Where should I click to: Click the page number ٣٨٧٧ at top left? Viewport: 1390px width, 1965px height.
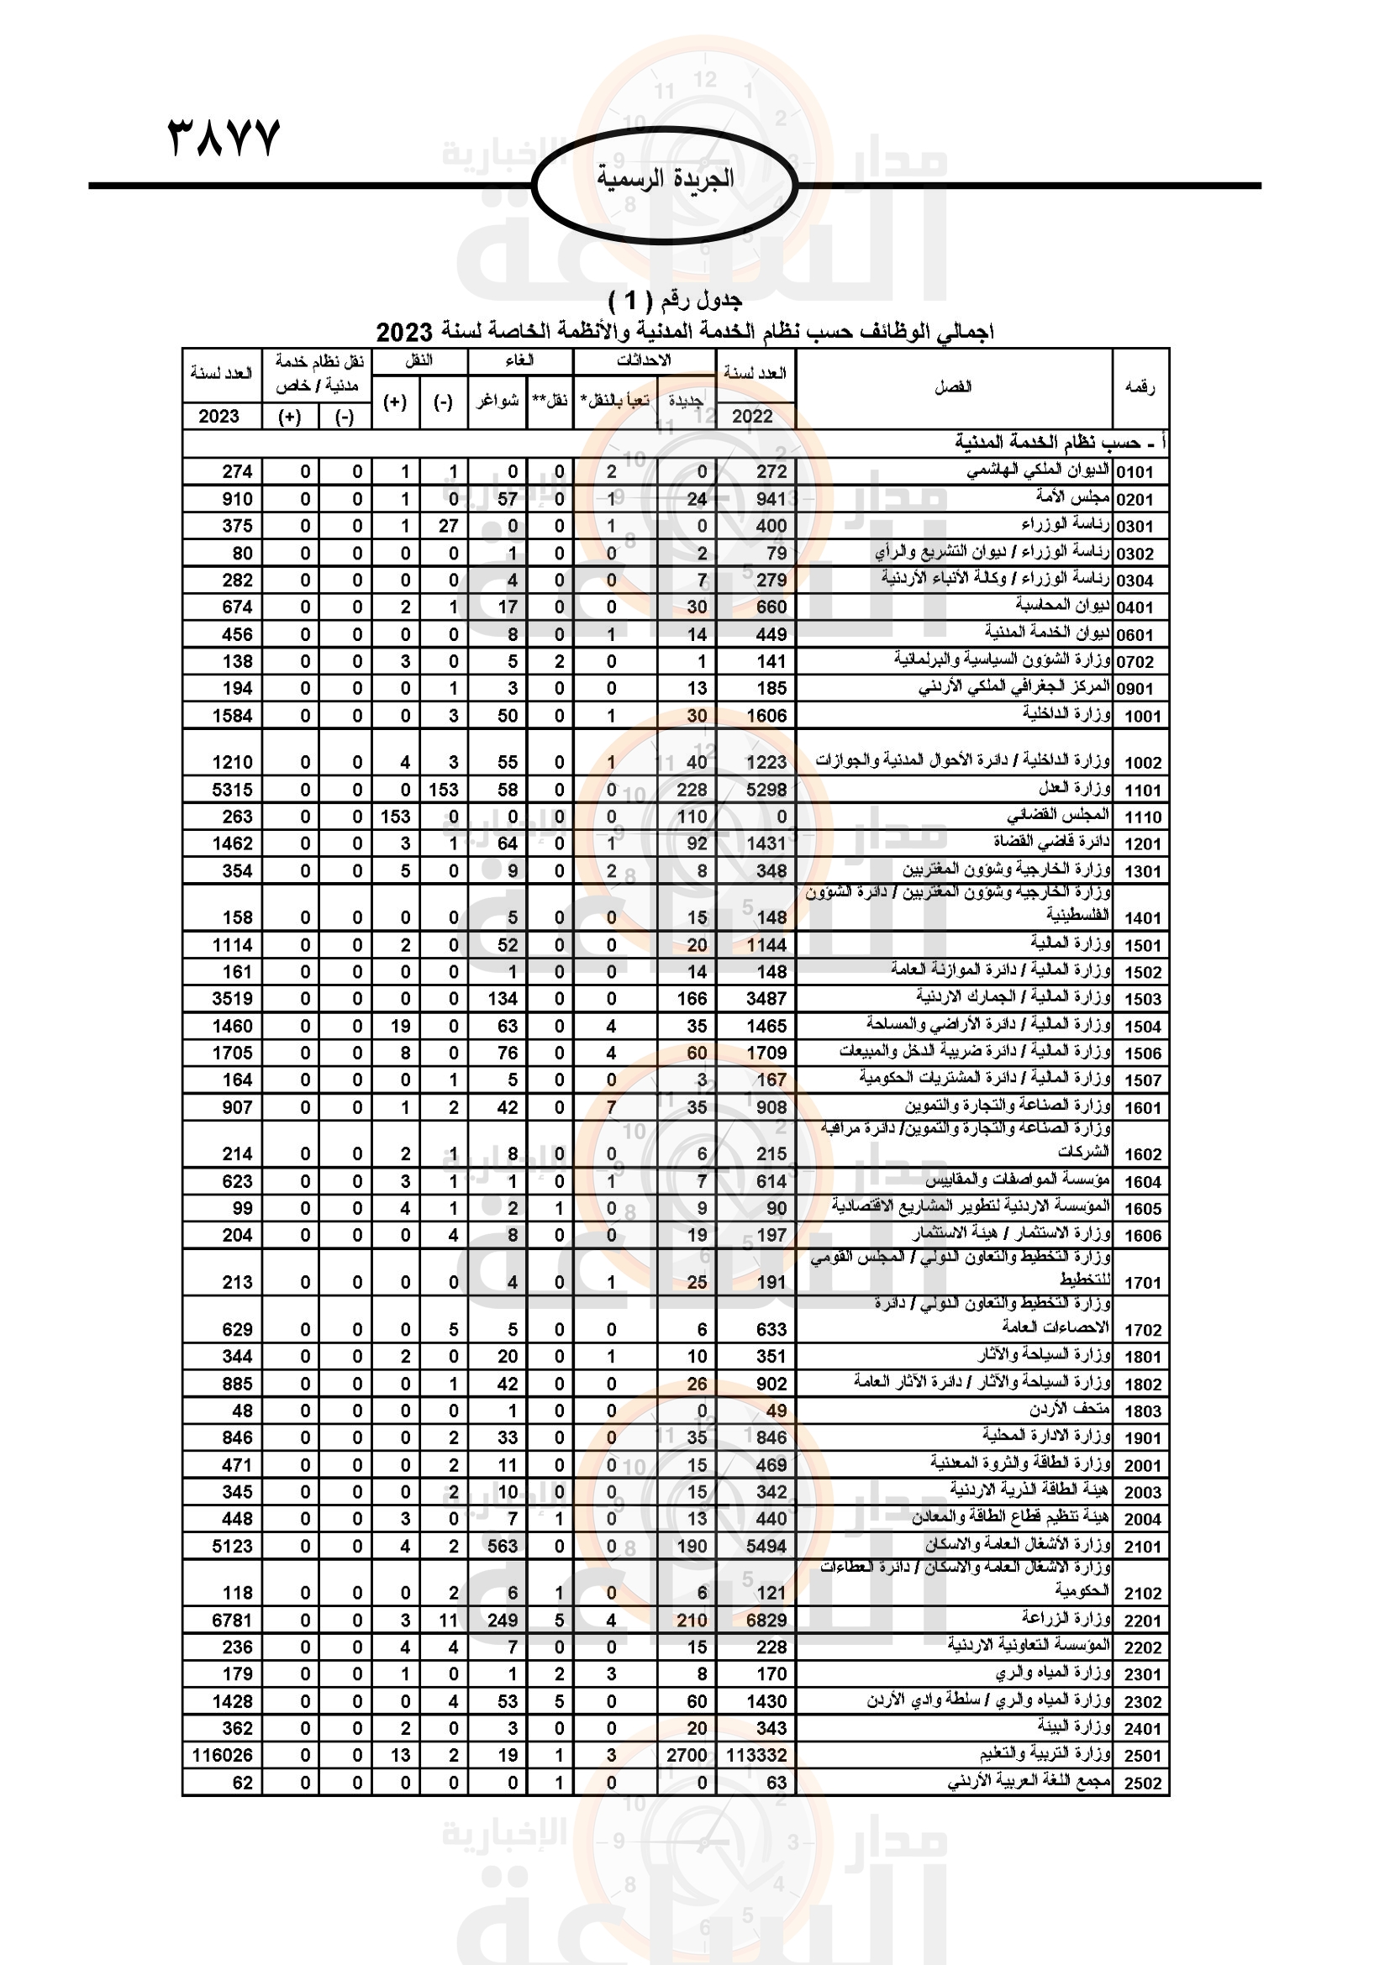(x=224, y=138)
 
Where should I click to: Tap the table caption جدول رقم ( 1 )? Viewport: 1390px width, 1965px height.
(x=675, y=300)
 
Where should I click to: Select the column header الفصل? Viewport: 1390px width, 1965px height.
(x=953, y=386)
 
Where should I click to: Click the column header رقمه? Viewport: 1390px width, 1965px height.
(x=1140, y=386)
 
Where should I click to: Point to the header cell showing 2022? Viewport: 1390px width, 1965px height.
(x=752, y=416)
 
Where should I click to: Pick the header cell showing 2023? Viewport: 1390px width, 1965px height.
(x=219, y=416)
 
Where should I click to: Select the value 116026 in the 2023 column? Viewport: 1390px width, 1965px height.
(x=223, y=1755)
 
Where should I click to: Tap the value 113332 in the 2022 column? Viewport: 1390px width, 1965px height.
(x=756, y=1755)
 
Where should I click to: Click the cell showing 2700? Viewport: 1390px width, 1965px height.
(x=687, y=1755)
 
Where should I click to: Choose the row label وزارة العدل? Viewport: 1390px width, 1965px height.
(x=1075, y=787)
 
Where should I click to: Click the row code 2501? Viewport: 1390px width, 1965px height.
(x=1143, y=1756)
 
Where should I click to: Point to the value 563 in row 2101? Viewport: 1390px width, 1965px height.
(x=503, y=1546)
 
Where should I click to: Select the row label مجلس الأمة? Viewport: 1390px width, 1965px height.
(x=1072, y=497)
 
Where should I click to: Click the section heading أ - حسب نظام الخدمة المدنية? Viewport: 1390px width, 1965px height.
(x=1060, y=443)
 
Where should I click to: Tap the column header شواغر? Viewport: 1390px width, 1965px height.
(x=498, y=401)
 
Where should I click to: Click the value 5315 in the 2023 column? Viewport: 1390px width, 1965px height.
(x=232, y=789)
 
